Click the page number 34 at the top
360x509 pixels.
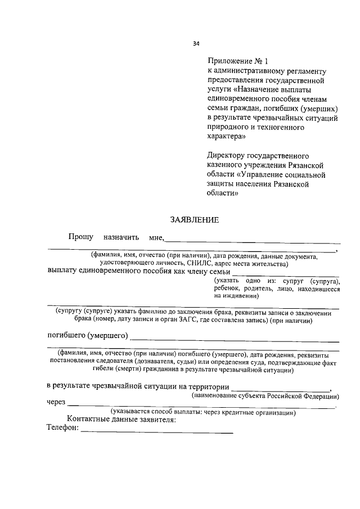click(x=196, y=44)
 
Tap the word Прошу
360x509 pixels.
click(x=81, y=238)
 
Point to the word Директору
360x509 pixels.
click(x=228, y=155)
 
